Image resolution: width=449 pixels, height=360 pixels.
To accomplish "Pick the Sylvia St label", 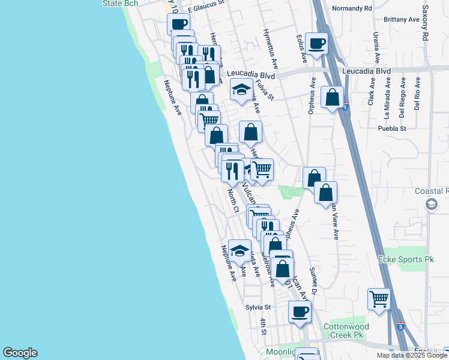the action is [259, 307].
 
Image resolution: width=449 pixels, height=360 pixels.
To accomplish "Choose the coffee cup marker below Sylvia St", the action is [300, 311].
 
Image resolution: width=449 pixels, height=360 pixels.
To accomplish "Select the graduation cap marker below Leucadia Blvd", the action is [241, 89].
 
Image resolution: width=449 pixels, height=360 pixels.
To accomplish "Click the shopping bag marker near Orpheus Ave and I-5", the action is [331, 97].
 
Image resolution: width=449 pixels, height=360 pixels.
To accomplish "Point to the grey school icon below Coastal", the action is [430, 205].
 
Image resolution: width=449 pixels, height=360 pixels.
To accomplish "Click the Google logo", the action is [20, 353].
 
